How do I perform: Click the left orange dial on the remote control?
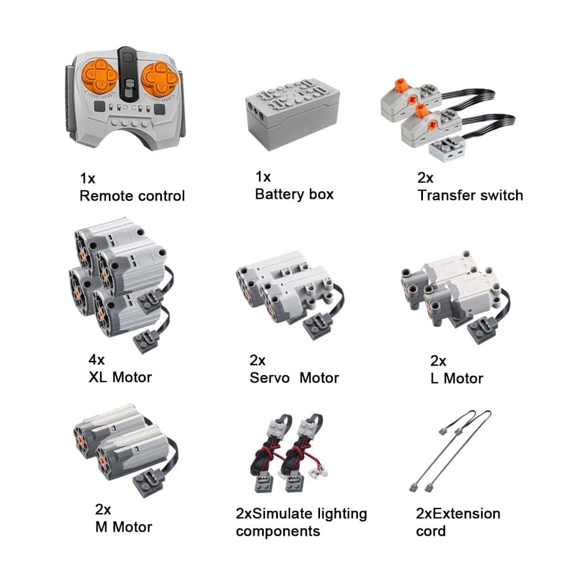99,76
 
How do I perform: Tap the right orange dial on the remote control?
160,79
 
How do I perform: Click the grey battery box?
292,113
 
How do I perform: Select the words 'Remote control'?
132,196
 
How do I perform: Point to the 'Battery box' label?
294,194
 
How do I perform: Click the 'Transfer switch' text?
470,195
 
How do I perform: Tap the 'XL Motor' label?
120,377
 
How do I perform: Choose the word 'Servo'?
269,378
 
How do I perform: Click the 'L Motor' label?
457,378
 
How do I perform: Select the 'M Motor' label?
123,527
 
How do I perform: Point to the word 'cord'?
431,531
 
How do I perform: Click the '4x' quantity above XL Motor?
97,360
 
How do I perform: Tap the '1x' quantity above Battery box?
263,177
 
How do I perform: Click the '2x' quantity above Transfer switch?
425,178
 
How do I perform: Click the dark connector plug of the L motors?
483,330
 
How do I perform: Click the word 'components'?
278,532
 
